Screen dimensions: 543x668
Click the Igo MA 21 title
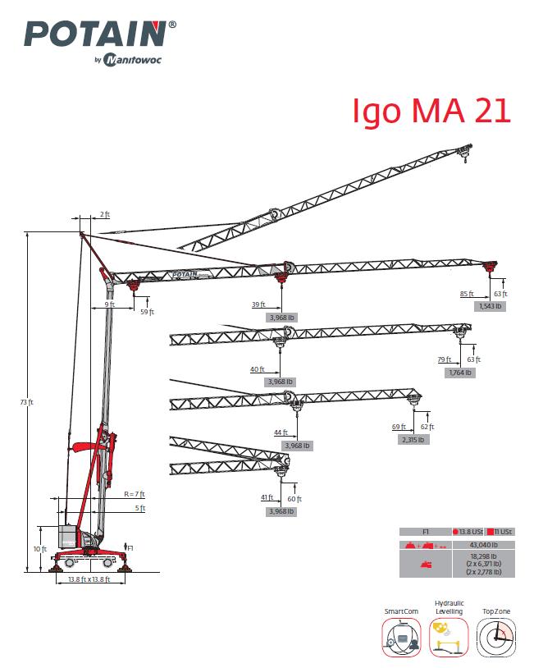click(431, 111)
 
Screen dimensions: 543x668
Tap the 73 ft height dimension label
click(26, 402)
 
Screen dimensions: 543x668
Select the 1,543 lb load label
click(491, 306)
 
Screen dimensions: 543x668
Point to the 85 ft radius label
click(467, 294)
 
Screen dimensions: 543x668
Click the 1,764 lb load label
click(460, 373)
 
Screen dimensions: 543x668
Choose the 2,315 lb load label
click(413, 440)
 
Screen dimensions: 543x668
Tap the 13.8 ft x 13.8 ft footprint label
click(89, 579)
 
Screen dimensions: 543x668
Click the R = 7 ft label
click(135, 494)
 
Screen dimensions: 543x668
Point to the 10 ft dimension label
click(40, 549)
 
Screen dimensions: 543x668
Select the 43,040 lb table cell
click(483, 545)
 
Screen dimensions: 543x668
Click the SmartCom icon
click(401, 637)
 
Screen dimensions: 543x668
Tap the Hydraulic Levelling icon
click(449, 637)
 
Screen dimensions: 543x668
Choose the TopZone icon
click(495, 637)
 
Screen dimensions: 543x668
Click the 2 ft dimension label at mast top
click(105, 214)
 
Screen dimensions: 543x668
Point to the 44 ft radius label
click(281, 432)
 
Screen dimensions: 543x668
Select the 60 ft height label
click(294, 499)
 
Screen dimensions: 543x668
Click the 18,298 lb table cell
click(483, 564)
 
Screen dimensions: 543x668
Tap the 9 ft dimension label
click(110, 304)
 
